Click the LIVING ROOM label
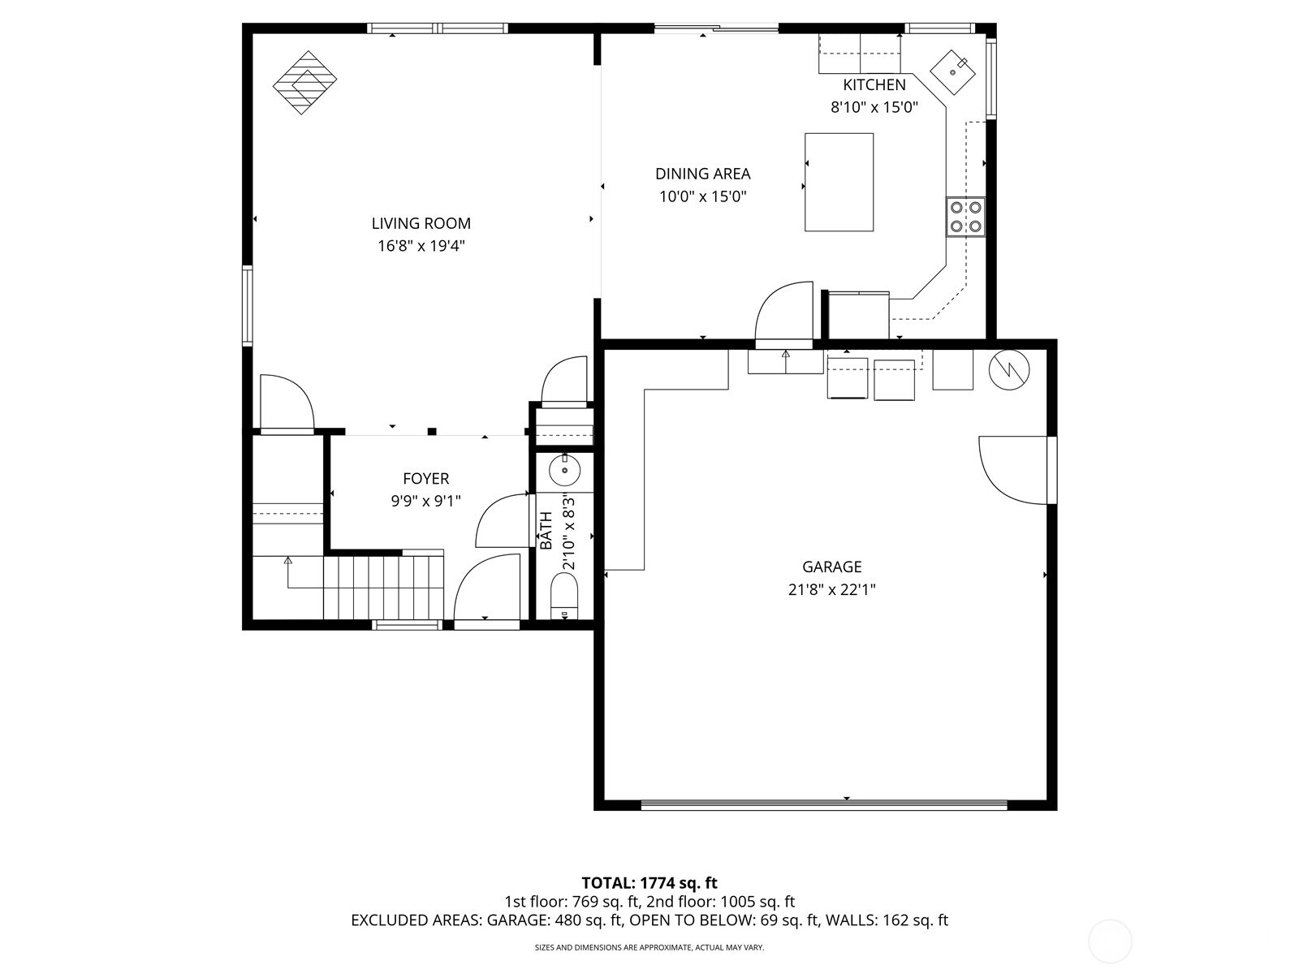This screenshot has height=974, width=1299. click(x=421, y=223)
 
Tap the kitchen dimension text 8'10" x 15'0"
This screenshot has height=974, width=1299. click(x=874, y=107)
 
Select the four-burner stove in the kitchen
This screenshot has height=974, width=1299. click(x=965, y=217)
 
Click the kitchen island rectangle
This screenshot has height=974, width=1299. click(x=839, y=183)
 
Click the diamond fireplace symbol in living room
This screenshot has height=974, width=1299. click(x=304, y=82)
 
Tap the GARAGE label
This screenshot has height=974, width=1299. click(x=831, y=567)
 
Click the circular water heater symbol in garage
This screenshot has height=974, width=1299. click(x=1008, y=370)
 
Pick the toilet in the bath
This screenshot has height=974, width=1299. click(x=563, y=596)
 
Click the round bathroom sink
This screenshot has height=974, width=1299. click(x=564, y=470)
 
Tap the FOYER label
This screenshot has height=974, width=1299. click(x=425, y=479)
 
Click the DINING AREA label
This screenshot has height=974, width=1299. click(x=702, y=174)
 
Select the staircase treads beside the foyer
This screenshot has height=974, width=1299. click(x=383, y=586)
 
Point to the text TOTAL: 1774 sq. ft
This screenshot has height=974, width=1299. click(x=649, y=882)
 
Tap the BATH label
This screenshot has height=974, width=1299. click(x=546, y=530)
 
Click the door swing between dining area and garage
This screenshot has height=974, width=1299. click(x=784, y=312)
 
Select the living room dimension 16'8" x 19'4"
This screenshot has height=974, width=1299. click(x=421, y=246)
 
